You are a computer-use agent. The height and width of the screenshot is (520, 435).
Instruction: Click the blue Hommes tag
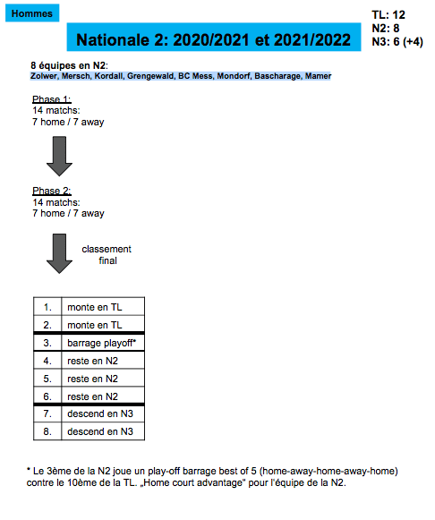click(x=32, y=13)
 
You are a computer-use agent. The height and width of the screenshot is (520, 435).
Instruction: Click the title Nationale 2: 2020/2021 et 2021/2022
click(x=214, y=40)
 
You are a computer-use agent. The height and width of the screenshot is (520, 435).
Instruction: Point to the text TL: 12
click(x=388, y=15)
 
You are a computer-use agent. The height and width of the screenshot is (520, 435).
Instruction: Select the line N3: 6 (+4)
click(x=397, y=42)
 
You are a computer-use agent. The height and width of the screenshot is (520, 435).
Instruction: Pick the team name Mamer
click(x=318, y=76)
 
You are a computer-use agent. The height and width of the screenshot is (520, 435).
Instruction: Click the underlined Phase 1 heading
click(x=52, y=99)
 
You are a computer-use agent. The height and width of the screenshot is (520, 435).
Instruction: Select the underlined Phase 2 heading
click(x=52, y=191)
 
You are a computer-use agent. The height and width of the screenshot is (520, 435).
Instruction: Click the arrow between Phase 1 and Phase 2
click(x=59, y=156)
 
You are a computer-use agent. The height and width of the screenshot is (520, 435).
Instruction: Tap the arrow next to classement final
click(x=59, y=253)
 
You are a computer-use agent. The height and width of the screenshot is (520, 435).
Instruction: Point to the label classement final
click(x=107, y=255)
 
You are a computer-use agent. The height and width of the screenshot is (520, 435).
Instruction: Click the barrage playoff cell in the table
click(x=103, y=343)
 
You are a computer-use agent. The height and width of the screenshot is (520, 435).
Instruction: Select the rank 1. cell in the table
click(x=47, y=307)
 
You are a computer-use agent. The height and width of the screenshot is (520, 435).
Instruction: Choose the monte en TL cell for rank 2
click(x=103, y=325)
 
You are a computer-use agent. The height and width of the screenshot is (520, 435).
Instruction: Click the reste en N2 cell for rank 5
click(x=103, y=379)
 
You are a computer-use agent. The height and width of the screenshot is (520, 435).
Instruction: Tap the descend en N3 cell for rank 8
click(x=103, y=431)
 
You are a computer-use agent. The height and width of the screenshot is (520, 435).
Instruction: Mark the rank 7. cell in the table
click(x=47, y=413)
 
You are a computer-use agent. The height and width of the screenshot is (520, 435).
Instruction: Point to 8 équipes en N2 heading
click(x=69, y=65)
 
